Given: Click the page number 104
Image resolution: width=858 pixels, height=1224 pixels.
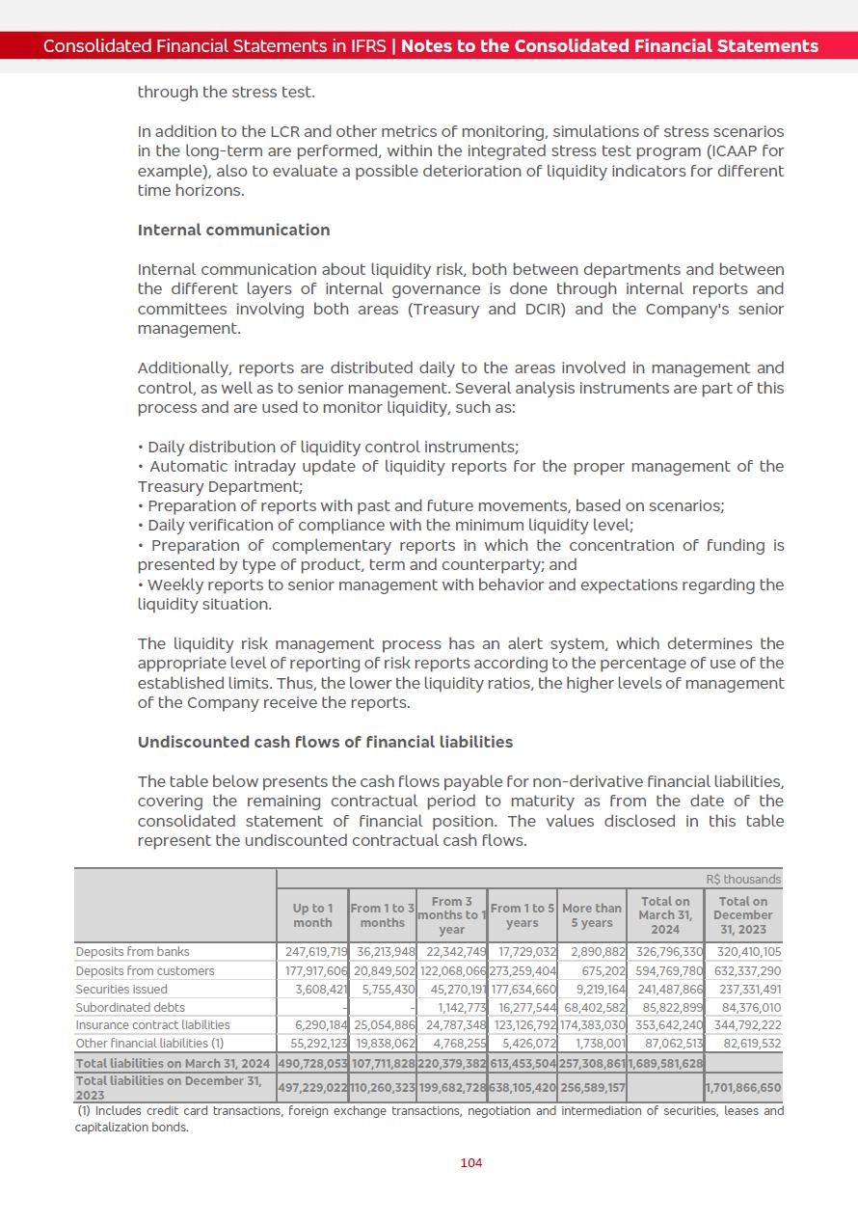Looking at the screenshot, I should (471, 1162).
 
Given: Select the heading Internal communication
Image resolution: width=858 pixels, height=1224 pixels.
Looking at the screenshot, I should (233, 230).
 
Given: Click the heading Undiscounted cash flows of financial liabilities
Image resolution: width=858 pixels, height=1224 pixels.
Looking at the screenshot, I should (325, 742).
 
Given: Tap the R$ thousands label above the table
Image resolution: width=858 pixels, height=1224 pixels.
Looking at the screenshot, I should (743, 880).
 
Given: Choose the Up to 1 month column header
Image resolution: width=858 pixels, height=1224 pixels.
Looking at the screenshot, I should (312, 915).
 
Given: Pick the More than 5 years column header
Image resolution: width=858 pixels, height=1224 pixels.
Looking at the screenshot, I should (592, 915).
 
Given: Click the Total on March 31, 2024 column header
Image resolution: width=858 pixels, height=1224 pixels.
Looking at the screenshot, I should (665, 915).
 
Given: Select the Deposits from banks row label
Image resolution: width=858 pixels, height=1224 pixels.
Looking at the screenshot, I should (132, 952).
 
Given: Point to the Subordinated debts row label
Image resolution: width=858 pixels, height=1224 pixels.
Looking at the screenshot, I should (130, 1007).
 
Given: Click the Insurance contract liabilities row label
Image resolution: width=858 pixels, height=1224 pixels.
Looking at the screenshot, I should (152, 1024).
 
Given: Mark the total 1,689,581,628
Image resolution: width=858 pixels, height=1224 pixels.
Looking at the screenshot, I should (665, 1063).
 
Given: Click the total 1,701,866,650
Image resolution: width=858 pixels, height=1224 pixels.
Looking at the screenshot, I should (743, 1087).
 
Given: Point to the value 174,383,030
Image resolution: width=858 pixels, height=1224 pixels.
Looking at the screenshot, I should (592, 1024).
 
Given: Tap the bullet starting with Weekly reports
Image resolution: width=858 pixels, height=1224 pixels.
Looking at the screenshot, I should (461, 585).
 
